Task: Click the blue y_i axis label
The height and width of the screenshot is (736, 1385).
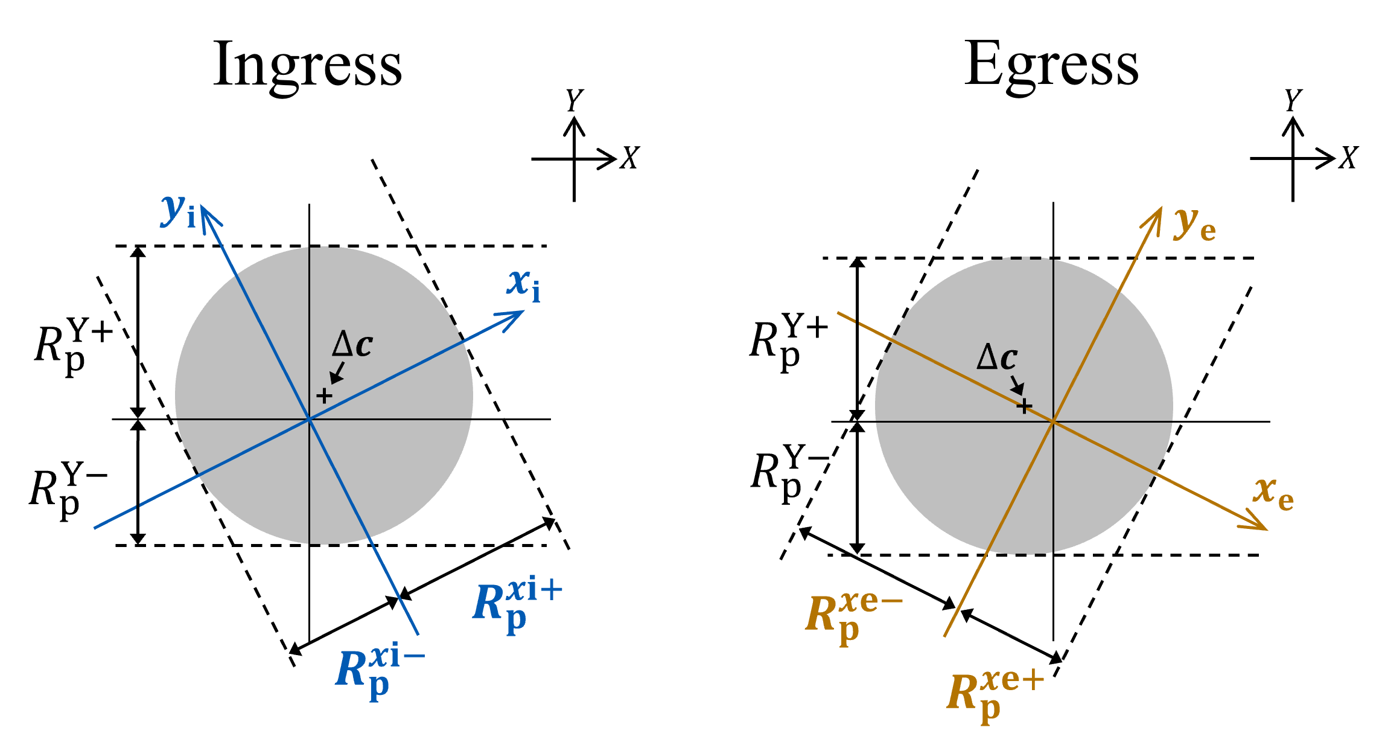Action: coord(179,211)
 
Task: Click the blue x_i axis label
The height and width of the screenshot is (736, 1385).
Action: coord(523,285)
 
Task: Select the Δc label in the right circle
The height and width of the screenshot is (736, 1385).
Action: coord(997,358)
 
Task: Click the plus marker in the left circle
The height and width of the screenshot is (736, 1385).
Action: coord(324,396)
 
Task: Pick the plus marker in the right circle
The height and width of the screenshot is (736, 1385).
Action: coord(1024,406)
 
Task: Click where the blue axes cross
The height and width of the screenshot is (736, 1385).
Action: coord(309,419)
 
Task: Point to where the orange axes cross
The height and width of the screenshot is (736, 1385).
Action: coord(1053,421)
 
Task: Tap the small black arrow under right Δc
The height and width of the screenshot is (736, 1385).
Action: coord(1017,386)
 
